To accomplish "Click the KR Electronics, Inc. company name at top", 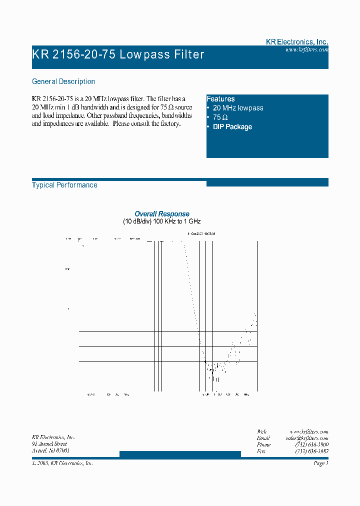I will [x=296, y=42].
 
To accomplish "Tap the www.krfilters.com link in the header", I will [x=306, y=50].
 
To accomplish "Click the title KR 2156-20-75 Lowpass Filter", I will [x=118, y=54].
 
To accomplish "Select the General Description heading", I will [x=63, y=81].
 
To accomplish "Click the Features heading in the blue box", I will [x=220, y=99].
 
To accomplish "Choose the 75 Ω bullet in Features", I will [x=220, y=117].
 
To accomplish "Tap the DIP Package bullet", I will [x=232, y=127].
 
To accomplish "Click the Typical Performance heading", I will [x=64, y=185].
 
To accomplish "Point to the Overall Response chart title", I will [x=162, y=214].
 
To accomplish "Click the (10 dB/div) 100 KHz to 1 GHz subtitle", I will [x=162, y=221].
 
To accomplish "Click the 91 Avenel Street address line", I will [x=49, y=444].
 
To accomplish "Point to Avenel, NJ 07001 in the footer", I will [x=50, y=450].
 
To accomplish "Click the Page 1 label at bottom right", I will [x=320, y=463].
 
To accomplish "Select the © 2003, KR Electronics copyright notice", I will [x=62, y=463].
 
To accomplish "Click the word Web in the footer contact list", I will [x=261, y=431].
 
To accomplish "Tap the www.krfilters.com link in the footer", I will [x=309, y=431].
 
